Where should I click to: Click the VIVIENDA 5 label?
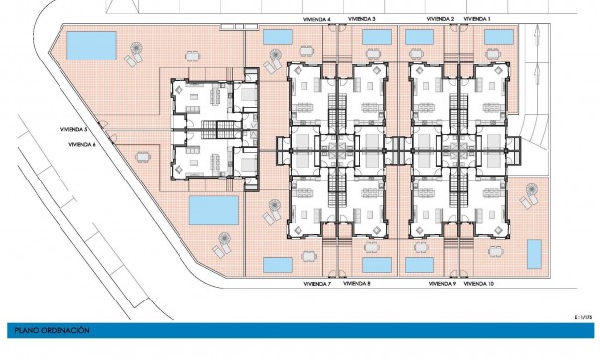(x=73, y=130)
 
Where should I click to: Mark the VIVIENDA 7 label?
(x=315, y=284)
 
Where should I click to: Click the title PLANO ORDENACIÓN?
(x=48, y=328)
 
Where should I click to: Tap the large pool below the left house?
(x=213, y=209)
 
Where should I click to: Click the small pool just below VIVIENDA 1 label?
(x=499, y=37)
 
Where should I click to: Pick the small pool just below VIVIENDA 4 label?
(x=280, y=37)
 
